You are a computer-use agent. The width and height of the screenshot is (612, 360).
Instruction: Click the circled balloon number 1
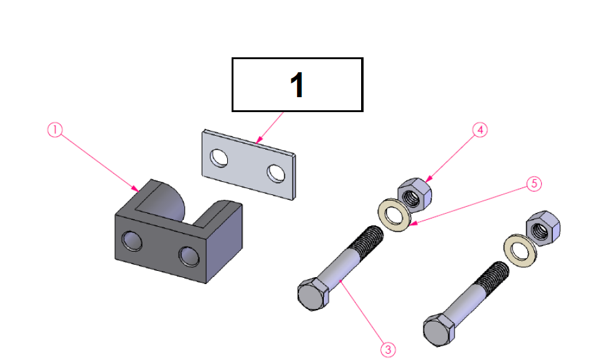point(55,130)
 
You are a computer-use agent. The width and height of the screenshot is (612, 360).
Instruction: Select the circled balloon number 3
point(388,349)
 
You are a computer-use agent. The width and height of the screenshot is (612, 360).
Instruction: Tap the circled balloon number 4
point(480,130)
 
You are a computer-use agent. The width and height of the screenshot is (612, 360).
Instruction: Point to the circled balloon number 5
point(534,184)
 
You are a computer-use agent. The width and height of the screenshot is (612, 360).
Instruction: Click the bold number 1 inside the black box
point(297,85)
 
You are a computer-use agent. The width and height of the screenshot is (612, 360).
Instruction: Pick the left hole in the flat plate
point(219,158)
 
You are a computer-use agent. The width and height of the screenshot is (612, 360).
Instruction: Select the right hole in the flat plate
point(276,173)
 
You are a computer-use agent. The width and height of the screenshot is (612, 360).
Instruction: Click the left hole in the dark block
point(131,240)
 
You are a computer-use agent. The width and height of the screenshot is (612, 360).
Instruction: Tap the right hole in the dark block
point(189,256)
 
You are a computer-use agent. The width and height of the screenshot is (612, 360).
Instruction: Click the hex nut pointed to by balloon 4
point(415,195)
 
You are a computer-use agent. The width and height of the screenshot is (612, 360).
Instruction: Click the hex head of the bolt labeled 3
point(313,294)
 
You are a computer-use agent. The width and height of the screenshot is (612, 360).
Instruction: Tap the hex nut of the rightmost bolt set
point(544,229)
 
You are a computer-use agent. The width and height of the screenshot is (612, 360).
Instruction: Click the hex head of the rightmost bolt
point(439,330)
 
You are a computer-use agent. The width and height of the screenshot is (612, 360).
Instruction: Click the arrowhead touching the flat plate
point(259,140)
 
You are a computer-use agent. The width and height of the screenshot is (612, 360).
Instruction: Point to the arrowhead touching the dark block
point(135,189)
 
